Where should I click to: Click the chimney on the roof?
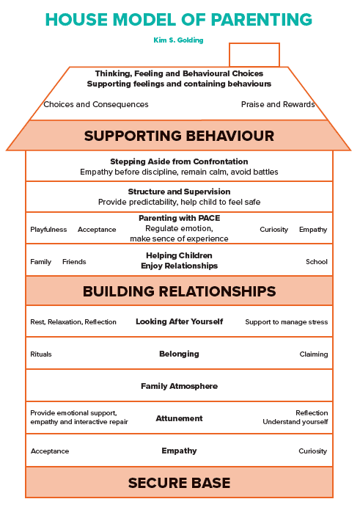click(254, 43)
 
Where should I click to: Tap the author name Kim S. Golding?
click(178, 40)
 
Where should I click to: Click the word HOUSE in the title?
click(76, 20)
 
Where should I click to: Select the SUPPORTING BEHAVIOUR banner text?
click(179, 136)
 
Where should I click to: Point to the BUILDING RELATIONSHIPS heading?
click(179, 291)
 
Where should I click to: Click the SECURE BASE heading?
click(179, 483)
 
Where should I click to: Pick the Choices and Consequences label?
click(96, 104)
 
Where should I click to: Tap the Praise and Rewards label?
click(278, 104)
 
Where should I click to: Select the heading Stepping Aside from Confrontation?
click(179, 161)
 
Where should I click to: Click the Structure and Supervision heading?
click(179, 192)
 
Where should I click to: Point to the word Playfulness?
click(48, 229)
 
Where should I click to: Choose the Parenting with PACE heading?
click(180, 218)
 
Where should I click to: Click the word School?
click(317, 261)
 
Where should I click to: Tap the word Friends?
click(74, 261)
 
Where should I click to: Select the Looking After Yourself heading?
click(180, 321)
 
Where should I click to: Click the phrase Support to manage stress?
click(286, 321)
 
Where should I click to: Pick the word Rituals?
click(41, 354)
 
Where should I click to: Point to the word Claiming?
click(314, 354)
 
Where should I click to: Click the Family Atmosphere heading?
click(180, 386)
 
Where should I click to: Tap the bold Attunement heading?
click(179, 418)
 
